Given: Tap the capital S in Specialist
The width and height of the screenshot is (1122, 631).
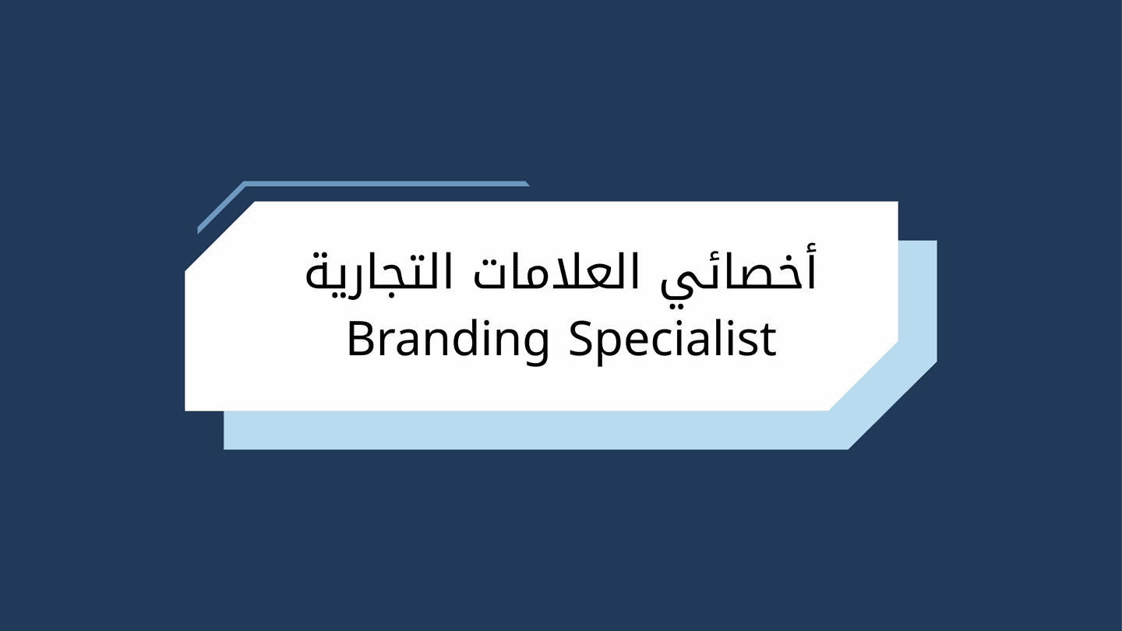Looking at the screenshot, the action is coord(581,340).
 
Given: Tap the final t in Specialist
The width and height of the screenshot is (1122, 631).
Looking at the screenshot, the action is coord(768,341).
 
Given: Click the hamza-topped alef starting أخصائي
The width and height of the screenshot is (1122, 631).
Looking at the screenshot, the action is coord(812,266).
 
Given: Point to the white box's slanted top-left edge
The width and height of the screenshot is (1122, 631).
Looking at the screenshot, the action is coord(220,236).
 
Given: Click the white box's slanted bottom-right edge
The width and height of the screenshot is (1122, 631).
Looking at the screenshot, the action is coord(863,376).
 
